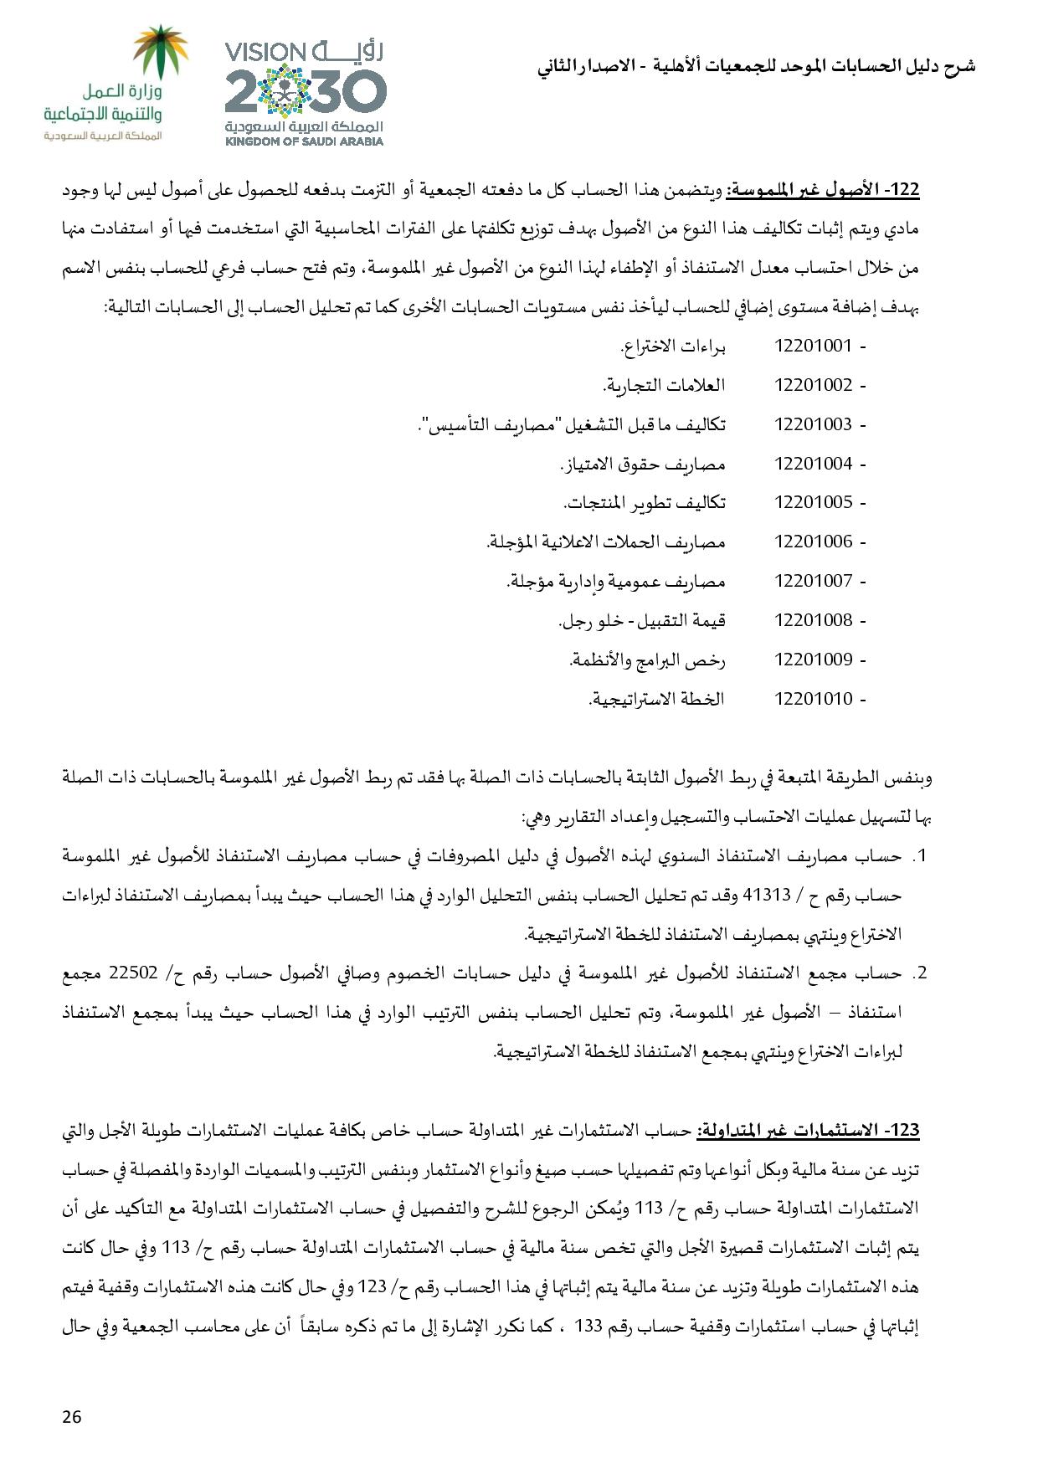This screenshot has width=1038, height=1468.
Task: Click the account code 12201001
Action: click(x=813, y=346)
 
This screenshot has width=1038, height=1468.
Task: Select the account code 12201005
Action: click(x=813, y=502)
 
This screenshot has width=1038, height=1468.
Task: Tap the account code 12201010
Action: click(x=813, y=698)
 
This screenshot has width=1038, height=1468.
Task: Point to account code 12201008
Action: click(x=813, y=620)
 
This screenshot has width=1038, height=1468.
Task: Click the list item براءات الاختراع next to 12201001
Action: click(x=672, y=346)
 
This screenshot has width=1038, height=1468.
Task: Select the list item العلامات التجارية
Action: click(x=664, y=385)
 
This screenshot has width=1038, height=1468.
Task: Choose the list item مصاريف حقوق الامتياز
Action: click(x=642, y=464)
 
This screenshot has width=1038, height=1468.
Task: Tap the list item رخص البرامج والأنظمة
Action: click(x=647, y=660)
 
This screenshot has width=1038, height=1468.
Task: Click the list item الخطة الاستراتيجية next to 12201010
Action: click(x=657, y=698)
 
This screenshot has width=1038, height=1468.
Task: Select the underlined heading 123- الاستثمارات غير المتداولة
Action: click(x=809, y=1131)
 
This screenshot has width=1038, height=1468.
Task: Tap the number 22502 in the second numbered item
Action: click(x=720, y=973)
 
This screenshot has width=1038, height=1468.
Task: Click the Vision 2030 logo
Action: click(x=304, y=92)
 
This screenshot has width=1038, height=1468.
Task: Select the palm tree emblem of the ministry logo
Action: click(x=163, y=52)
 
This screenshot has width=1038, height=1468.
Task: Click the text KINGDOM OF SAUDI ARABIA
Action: click(x=304, y=141)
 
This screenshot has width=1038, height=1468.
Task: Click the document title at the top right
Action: click(x=756, y=66)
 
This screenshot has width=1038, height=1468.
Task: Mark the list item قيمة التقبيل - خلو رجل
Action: click(x=642, y=620)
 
